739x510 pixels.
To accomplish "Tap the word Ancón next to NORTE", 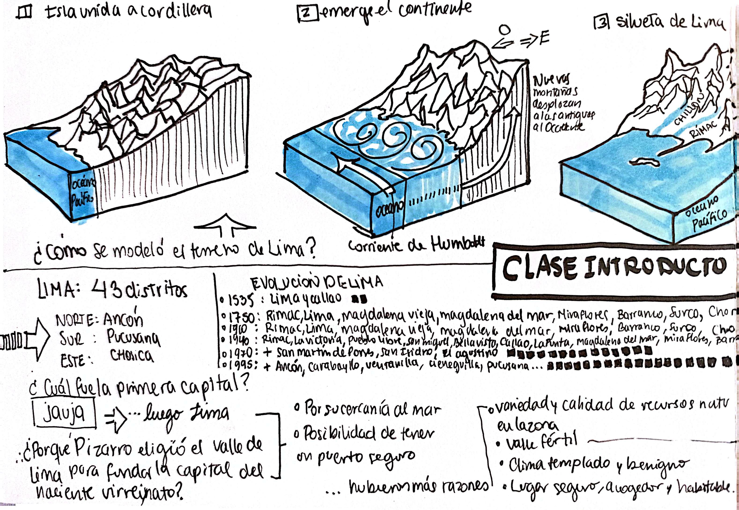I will (123, 320).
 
